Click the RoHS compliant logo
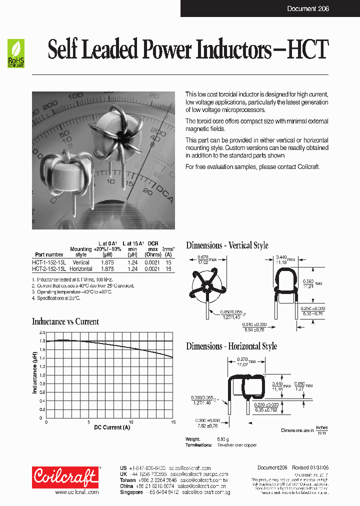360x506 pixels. click(x=15, y=54)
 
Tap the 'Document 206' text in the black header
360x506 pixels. click(x=308, y=9)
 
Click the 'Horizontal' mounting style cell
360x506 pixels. click(x=81, y=269)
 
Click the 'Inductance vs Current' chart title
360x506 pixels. click(x=65, y=321)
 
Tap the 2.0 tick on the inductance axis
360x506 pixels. click(x=42, y=332)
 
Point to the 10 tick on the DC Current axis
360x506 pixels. click(x=131, y=422)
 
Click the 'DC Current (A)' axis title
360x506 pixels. click(x=112, y=427)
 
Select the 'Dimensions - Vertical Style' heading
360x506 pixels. click(x=227, y=245)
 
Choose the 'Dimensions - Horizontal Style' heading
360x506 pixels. click(x=231, y=346)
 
